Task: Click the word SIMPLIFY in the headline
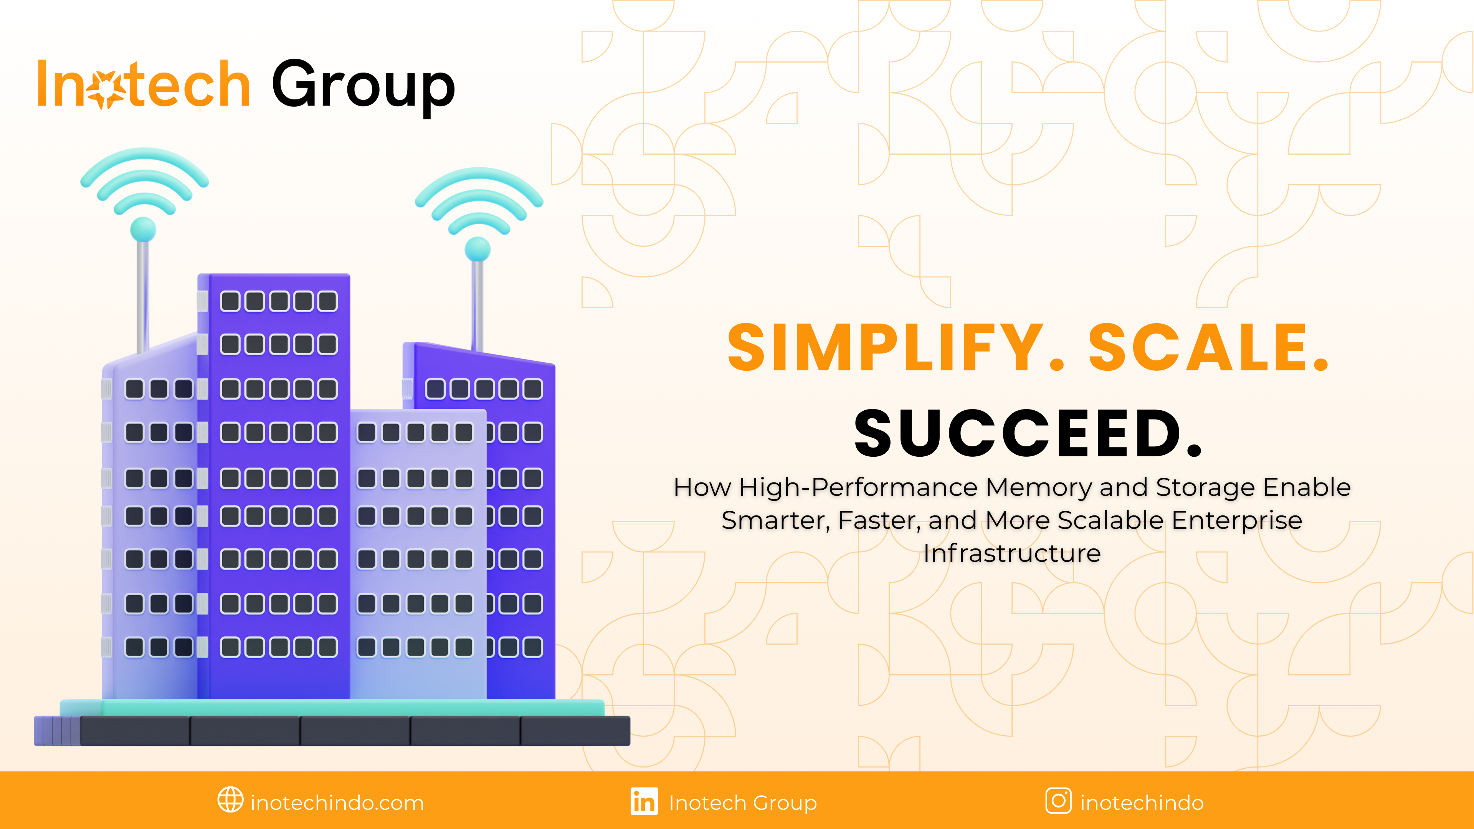[886, 347]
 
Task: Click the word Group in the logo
[364, 87]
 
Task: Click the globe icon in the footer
[231, 800]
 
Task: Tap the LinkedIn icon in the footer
[644, 801]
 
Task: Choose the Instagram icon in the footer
[1059, 800]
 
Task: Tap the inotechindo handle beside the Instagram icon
[1142, 803]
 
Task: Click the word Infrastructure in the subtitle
[1012, 553]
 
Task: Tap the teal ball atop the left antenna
[143, 230]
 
